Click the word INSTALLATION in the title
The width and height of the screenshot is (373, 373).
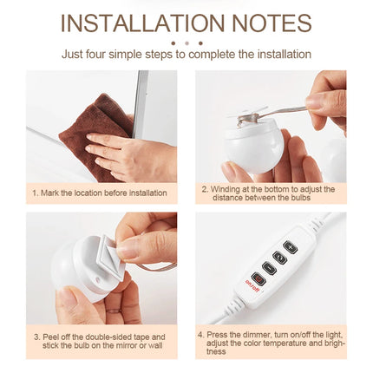(x=143, y=23)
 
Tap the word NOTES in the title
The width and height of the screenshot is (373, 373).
(x=272, y=23)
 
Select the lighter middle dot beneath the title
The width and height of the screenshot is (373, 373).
(x=186, y=43)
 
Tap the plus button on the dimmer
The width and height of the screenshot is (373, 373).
(x=290, y=248)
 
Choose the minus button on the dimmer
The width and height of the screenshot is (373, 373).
(x=269, y=268)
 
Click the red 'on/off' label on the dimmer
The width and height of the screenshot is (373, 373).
(x=251, y=285)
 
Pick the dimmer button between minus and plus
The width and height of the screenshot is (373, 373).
(x=279, y=258)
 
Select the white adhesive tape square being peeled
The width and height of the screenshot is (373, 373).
(x=110, y=250)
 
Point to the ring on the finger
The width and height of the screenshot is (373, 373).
(x=114, y=311)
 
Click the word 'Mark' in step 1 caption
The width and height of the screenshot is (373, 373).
(x=50, y=193)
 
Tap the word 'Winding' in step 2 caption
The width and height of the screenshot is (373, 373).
(x=225, y=189)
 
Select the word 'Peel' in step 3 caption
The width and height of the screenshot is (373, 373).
(x=50, y=337)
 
